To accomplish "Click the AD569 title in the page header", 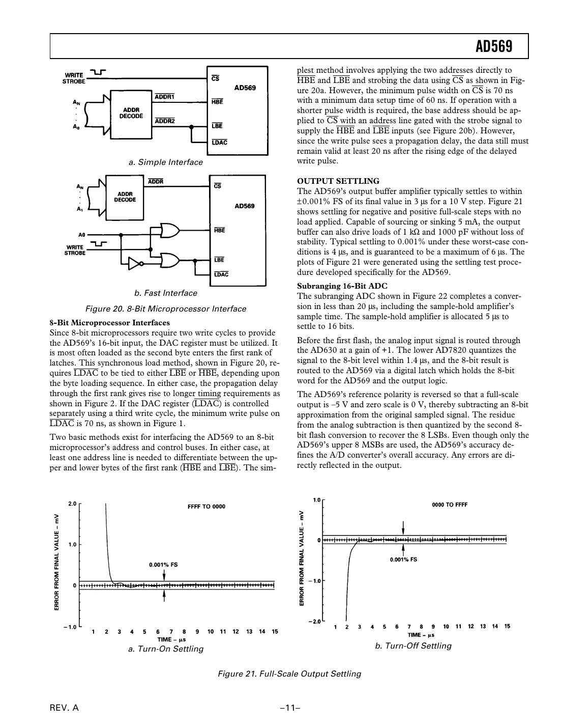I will (x=493, y=47).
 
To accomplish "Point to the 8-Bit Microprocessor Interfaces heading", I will (x=109, y=323).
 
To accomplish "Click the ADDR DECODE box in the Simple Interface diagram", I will (x=131, y=113).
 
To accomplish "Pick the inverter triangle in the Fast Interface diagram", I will (x=134, y=264).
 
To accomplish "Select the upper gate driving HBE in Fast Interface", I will (x=169, y=230).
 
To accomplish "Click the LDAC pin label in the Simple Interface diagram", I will (x=219, y=142).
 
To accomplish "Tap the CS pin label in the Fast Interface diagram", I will (x=217, y=186).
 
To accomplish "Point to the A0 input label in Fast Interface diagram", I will (x=81, y=235).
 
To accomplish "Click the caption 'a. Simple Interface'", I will (x=165, y=162).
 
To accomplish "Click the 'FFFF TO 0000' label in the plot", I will (x=206, y=507).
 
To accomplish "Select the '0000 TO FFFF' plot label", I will (x=449, y=505).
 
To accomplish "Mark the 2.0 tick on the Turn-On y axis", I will (x=72, y=504).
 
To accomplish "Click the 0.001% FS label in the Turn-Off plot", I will (x=403, y=559).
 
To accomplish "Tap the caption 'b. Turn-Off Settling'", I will (x=413, y=646).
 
